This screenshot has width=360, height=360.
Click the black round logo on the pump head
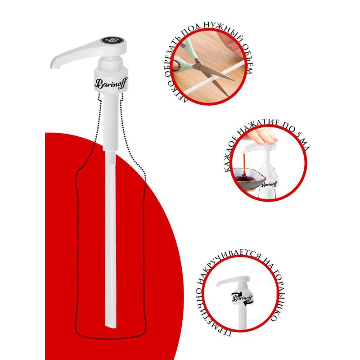point(112,40)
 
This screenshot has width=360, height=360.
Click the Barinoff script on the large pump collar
point(111,84)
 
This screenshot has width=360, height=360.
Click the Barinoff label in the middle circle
point(269,184)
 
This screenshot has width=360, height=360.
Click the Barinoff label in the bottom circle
point(243,298)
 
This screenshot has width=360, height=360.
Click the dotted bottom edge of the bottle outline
point(111,338)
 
